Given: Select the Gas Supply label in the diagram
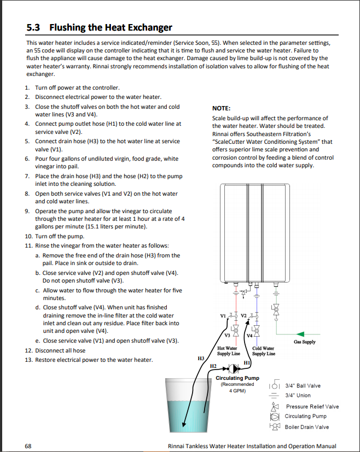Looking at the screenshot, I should coord(304,342).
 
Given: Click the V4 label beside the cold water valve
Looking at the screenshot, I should coord(249,335).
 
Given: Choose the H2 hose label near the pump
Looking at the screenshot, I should coord(214,365).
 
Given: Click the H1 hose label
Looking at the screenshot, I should coord(247,362).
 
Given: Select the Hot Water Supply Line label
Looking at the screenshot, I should coord(227,351).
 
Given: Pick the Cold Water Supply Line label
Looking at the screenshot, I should coord(263,351).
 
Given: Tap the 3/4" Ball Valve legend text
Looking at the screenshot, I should coord(303,386).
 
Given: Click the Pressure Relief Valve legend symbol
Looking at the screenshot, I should coord(275,407).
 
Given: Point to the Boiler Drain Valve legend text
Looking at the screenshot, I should coord(307,427).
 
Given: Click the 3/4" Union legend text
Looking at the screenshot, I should coord(298,395).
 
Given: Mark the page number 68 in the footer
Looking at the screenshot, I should coord(28,445).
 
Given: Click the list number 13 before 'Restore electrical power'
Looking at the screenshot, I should coord(28,360).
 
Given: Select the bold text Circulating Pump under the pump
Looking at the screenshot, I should coord(237,378).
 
